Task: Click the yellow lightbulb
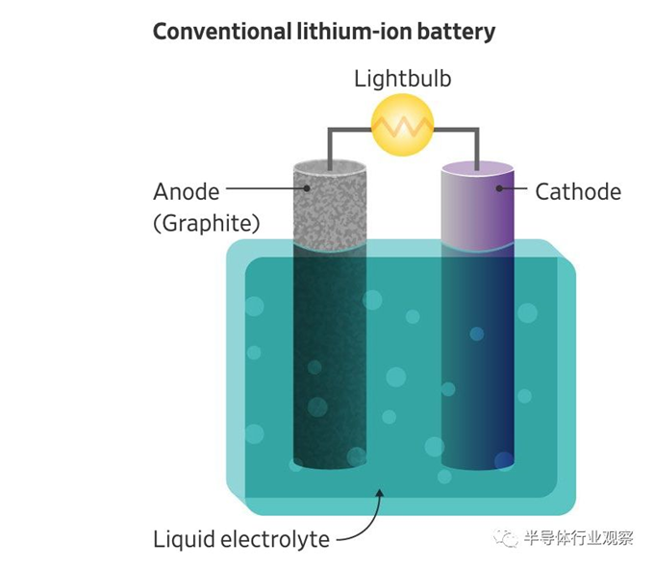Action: tap(403, 126)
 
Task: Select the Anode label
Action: tap(187, 191)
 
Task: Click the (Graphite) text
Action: tap(207, 224)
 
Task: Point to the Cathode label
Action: tap(578, 191)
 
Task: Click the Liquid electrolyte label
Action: tap(241, 539)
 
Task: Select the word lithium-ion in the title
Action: tap(361, 32)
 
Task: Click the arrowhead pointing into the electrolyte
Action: tap(380, 493)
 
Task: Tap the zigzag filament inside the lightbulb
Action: tap(403, 126)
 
